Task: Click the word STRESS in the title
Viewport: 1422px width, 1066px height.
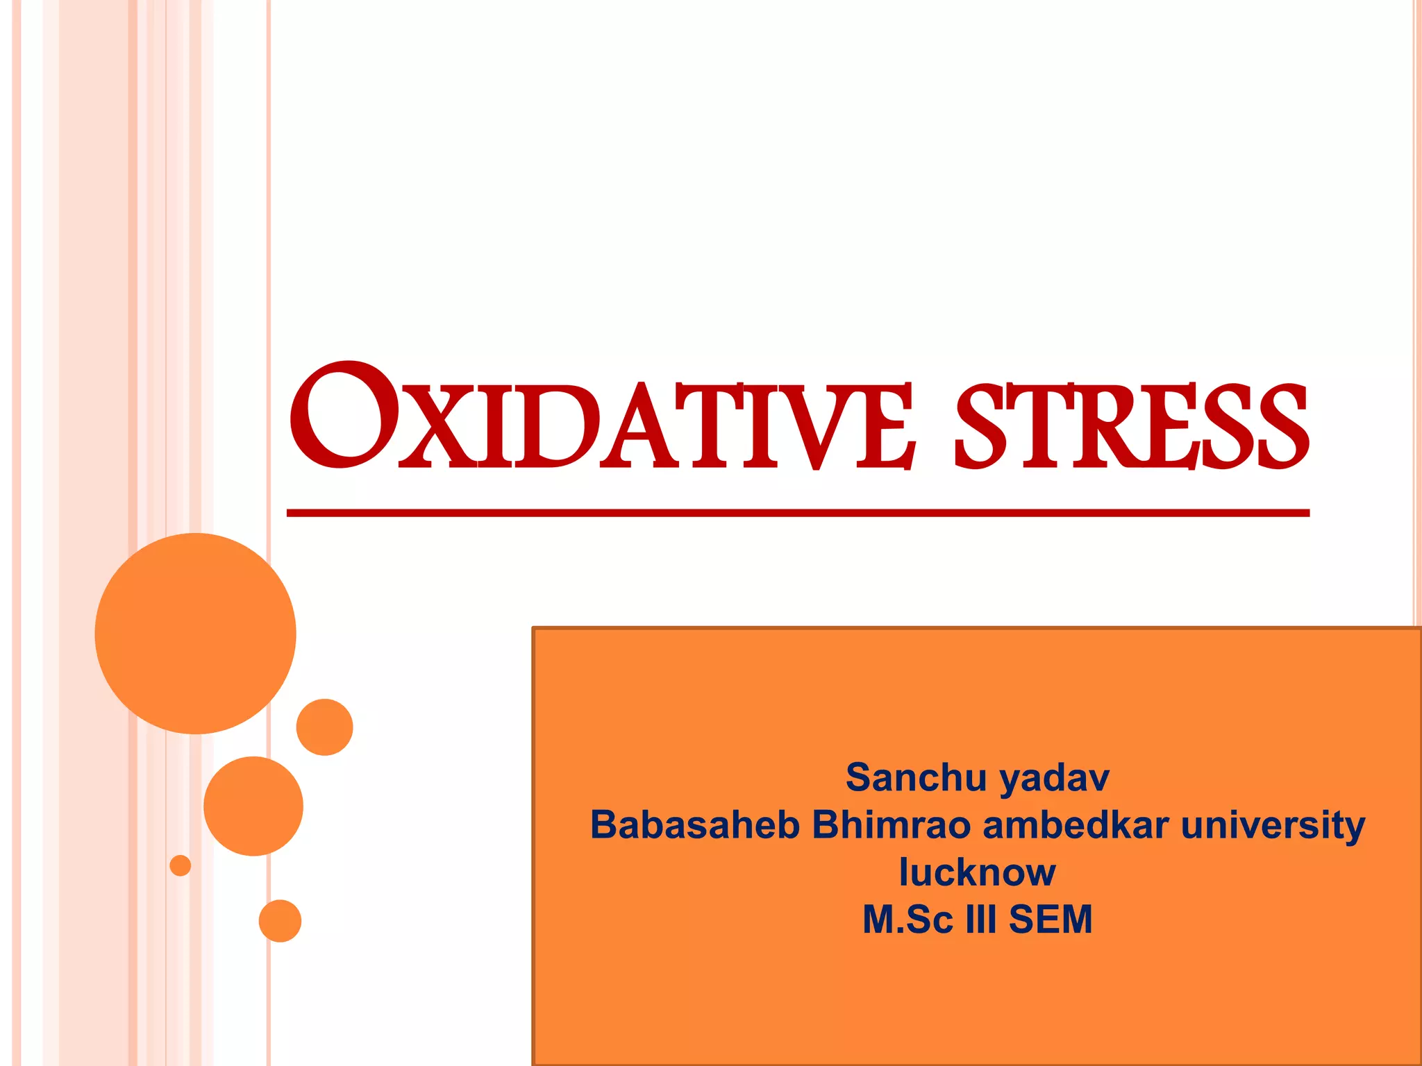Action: click(1132, 425)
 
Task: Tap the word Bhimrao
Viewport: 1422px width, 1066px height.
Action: click(892, 825)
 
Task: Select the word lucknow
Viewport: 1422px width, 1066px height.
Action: click(977, 872)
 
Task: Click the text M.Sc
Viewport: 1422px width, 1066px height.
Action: click(908, 920)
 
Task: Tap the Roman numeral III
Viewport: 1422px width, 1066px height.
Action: click(981, 920)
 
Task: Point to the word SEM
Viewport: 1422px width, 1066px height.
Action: click(1051, 920)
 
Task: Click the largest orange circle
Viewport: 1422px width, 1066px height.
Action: click(196, 634)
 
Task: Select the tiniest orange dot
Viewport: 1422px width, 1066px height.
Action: click(181, 865)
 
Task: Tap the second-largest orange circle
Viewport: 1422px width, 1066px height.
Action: click(253, 806)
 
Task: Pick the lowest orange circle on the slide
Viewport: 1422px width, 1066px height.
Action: click(280, 921)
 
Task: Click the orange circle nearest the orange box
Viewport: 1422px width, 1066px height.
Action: click(324, 727)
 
